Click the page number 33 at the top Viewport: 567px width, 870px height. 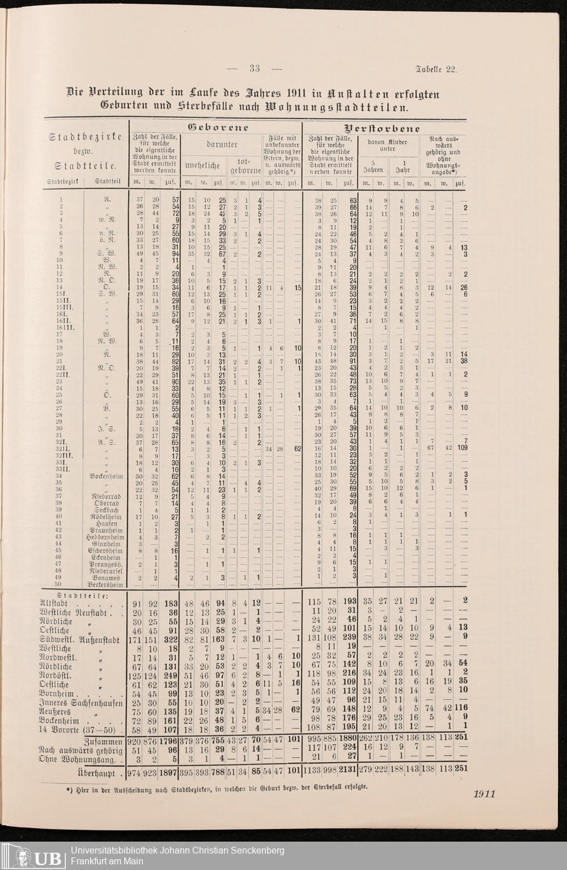point(255,69)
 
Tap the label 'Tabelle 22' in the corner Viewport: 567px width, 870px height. point(436,69)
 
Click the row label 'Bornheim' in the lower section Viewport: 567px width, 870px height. point(59,694)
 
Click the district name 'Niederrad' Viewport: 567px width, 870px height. point(105,496)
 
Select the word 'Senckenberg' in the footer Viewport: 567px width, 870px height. point(257,850)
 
